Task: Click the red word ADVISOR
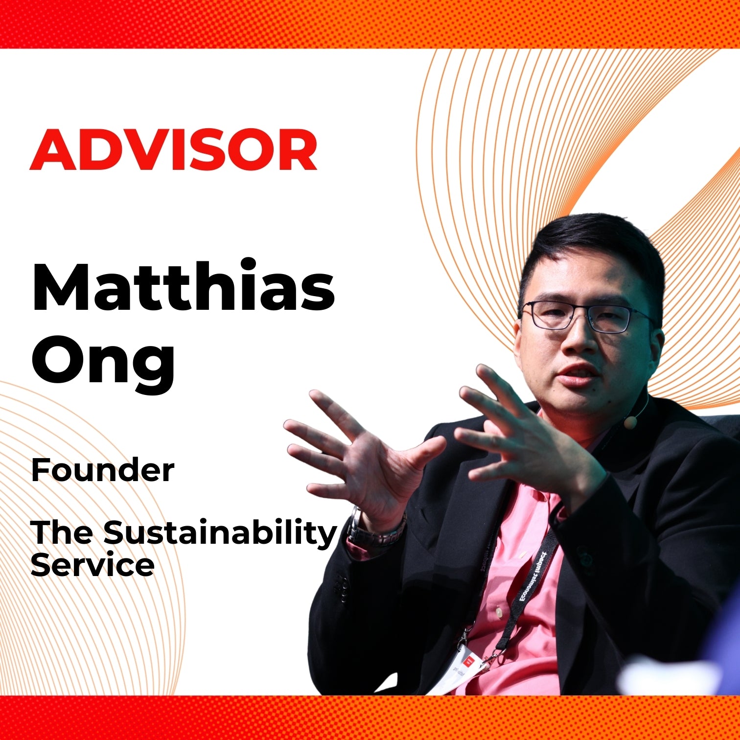click(x=173, y=149)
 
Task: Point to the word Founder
click(x=102, y=470)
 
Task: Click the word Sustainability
click(x=220, y=534)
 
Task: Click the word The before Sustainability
click(x=62, y=532)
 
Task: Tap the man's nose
click(x=578, y=338)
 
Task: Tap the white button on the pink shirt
click(x=499, y=612)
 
